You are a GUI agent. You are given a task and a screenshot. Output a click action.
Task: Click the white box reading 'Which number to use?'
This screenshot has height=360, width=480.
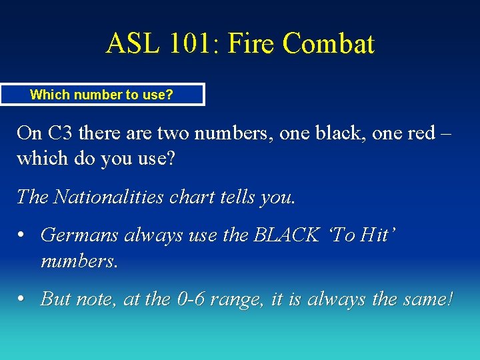coord(102,95)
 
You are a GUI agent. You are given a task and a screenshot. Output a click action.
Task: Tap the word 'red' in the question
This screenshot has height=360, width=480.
coord(424,133)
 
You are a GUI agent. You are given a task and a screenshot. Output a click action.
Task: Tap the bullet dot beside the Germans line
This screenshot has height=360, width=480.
coord(23,235)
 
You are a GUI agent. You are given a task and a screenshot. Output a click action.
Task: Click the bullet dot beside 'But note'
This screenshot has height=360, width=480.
coord(23,299)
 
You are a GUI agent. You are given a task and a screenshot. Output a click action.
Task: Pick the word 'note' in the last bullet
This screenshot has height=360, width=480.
coord(95,299)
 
